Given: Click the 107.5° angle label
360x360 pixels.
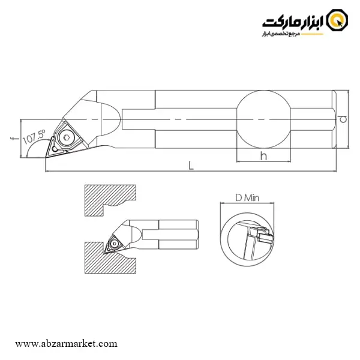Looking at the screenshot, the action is [x=34, y=137].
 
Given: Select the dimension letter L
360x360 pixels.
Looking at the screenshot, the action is [x=191, y=166].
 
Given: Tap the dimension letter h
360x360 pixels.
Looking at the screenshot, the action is [x=263, y=156].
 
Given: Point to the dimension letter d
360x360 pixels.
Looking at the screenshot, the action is [x=343, y=119].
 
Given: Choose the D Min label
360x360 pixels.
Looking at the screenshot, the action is [x=247, y=197].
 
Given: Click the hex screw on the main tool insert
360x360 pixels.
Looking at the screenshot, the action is [x=67, y=137].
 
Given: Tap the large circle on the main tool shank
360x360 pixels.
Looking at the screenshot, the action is [x=263, y=119].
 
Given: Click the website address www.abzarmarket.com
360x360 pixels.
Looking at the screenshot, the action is [x=66, y=344].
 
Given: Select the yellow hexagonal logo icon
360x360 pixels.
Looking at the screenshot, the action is [x=337, y=20].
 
